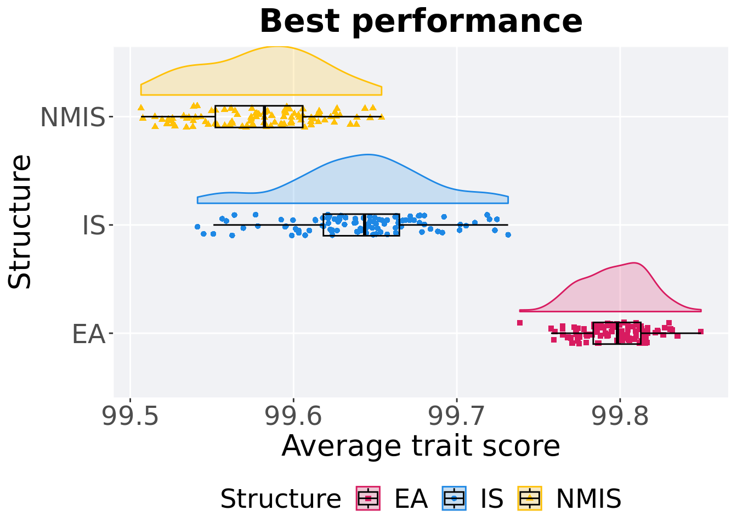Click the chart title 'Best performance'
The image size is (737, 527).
coord(421,22)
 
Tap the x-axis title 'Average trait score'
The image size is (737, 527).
coord(421,446)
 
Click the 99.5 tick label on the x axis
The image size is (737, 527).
coord(131,417)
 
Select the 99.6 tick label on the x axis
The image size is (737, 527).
coord(293,417)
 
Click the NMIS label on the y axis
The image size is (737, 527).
coord(72,117)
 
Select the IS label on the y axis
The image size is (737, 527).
coord(93,226)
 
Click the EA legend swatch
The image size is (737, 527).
coord(368,498)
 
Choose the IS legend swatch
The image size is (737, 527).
coord(454,498)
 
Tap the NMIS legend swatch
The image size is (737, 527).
coord(530,498)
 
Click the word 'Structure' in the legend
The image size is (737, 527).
coord(280,499)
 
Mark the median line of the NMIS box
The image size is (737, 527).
coord(264,116)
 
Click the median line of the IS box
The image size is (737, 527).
coord(364,225)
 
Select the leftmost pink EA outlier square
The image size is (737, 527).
coord(520,323)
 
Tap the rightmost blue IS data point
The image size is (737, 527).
coord(508,234)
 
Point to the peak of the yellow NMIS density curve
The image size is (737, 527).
coord(277,47)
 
